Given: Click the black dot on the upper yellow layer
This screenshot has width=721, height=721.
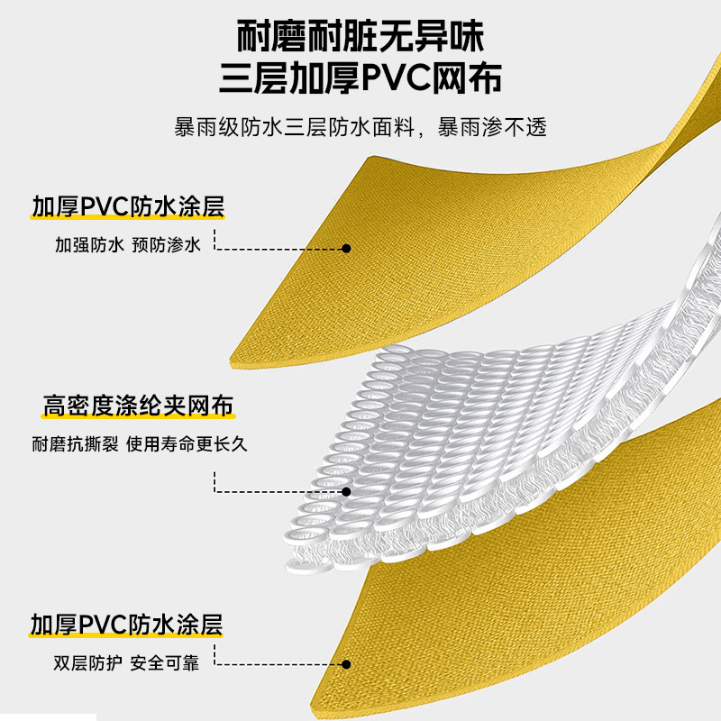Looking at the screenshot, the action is [347, 249].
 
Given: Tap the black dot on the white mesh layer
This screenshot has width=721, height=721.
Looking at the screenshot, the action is [347, 492].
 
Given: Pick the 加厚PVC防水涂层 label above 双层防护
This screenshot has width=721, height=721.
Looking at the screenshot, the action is [127, 625].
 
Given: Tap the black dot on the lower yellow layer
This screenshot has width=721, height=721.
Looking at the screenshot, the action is [347, 664].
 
